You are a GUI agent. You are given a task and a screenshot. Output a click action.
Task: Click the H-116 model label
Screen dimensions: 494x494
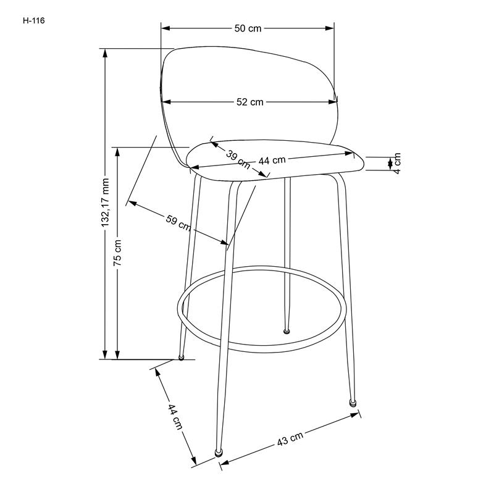pos(34,21)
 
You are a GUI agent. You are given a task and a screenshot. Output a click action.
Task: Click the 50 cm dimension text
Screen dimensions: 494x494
pos(248,28)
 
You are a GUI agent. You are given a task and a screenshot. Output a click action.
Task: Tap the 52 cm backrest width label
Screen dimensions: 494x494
pos(250,102)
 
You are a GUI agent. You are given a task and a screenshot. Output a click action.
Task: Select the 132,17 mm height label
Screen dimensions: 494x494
pos(105,203)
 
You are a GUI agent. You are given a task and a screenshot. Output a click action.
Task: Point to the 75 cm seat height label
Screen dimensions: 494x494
pos(117,253)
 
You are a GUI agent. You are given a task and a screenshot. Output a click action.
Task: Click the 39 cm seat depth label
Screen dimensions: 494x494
pos(238,160)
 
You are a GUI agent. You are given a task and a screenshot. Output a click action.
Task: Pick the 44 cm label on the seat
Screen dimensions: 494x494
pos(272,161)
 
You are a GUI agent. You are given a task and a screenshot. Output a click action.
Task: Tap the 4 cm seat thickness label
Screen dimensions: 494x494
pos(397,164)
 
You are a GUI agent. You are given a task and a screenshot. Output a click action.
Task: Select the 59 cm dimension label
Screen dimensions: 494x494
pos(178,223)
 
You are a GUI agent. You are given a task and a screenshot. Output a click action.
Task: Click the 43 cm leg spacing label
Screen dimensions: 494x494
pos(290,438)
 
